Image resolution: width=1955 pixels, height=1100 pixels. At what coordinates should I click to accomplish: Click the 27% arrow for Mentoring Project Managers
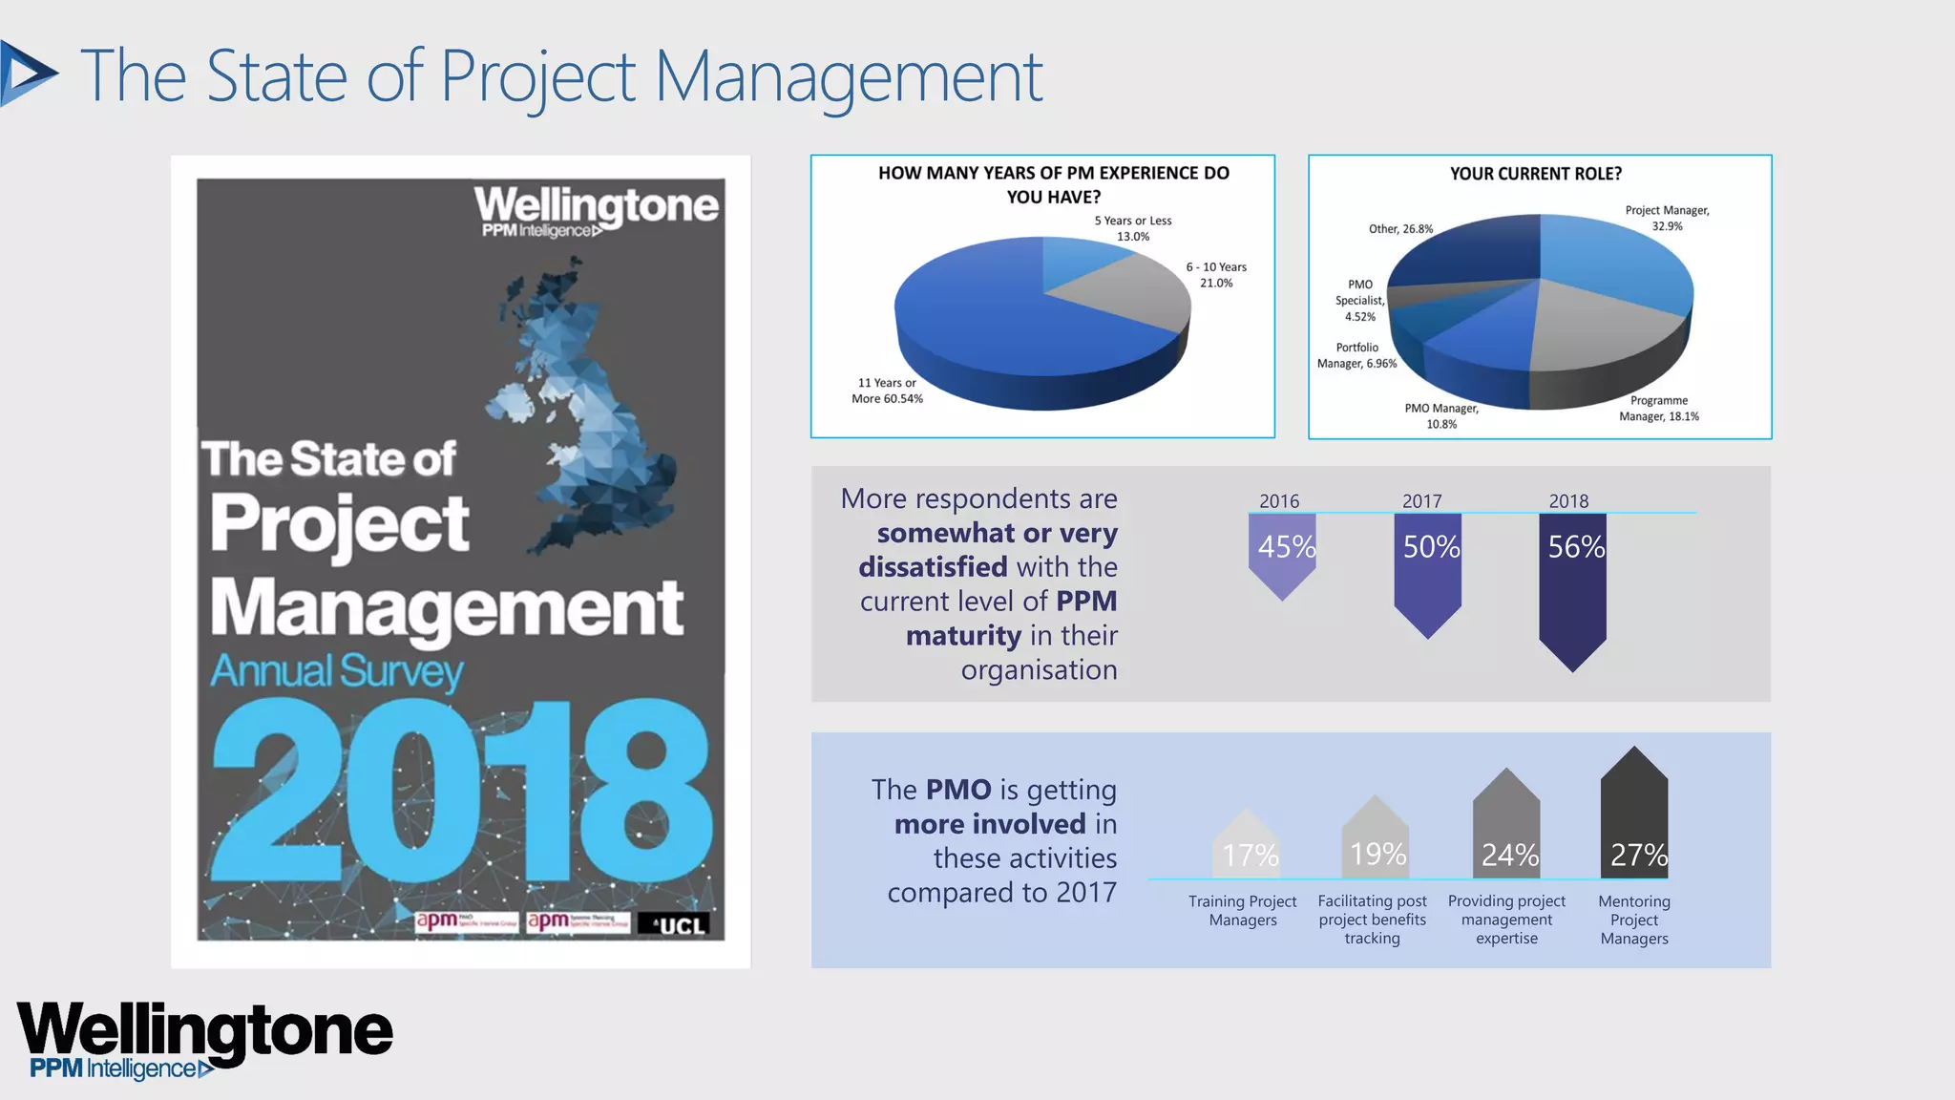[1634, 817]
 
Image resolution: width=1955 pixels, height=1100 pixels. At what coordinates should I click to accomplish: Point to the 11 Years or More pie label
[887, 391]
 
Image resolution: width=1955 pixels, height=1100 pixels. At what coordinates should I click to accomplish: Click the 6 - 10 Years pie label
[1216, 275]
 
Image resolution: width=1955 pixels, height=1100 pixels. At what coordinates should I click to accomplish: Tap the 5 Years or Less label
[1133, 228]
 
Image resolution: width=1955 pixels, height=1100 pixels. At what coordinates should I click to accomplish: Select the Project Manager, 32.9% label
[1667, 218]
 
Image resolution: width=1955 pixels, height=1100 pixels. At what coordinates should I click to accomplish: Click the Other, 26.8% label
[1400, 229]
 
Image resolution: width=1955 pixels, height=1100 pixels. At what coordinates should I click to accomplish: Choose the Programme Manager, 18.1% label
[1659, 409]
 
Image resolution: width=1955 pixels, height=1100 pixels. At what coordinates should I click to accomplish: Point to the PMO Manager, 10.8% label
[1441, 416]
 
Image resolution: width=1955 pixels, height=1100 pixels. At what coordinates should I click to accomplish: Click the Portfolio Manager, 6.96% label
[1356, 355]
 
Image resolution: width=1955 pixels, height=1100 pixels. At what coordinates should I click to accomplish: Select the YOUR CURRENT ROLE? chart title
[1535, 174]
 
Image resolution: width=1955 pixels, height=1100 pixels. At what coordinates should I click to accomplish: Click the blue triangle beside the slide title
[27, 74]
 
